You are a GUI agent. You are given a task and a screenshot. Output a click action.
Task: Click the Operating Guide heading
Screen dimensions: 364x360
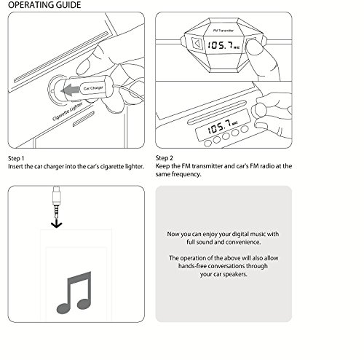pyautogui.click(x=44, y=5)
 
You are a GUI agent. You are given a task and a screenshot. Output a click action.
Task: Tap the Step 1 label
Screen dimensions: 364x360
pyautogui.click(x=16, y=159)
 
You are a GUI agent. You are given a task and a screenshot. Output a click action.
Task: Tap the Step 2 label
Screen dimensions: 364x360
pyautogui.click(x=165, y=158)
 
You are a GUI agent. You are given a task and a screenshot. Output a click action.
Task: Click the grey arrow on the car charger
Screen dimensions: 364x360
pyautogui.click(x=70, y=90)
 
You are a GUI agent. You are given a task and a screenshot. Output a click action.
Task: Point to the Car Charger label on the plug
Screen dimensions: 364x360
pyautogui.click(x=93, y=87)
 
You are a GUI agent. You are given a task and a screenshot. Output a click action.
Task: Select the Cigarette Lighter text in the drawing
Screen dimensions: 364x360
pyautogui.click(x=68, y=111)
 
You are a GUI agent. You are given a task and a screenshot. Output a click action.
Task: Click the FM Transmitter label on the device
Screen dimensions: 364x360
pyautogui.click(x=223, y=31)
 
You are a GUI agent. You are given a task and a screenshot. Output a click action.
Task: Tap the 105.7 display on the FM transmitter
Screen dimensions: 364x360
pyautogui.click(x=223, y=45)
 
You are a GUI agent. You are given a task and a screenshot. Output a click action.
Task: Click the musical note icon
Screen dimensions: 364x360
pyautogui.click(x=74, y=292)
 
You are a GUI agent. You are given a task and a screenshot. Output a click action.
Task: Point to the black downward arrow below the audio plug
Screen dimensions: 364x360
pyautogui.click(x=57, y=224)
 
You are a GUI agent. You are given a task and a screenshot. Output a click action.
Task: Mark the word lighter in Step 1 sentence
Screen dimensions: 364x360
pyautogui.click(x=134, y=167)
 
